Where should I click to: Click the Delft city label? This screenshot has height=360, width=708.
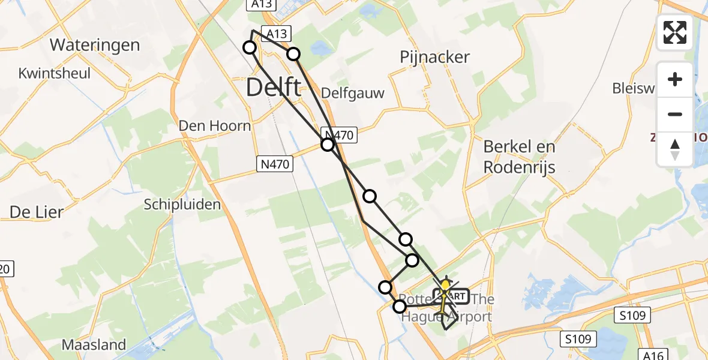274,88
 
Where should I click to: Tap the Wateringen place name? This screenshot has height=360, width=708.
95,45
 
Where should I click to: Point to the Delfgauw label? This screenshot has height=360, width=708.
353,92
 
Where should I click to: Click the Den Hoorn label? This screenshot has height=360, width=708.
215,126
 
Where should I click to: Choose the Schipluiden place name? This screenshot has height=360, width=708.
182,205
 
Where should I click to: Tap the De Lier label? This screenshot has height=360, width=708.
36,212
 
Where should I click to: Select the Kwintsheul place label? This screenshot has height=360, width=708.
55,74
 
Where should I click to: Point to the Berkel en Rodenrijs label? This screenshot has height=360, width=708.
520,157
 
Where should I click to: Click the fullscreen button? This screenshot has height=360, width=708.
675,32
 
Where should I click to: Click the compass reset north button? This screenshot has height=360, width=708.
675,149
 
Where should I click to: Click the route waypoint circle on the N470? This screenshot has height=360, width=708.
327,145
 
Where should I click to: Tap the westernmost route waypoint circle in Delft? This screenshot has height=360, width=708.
250,47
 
